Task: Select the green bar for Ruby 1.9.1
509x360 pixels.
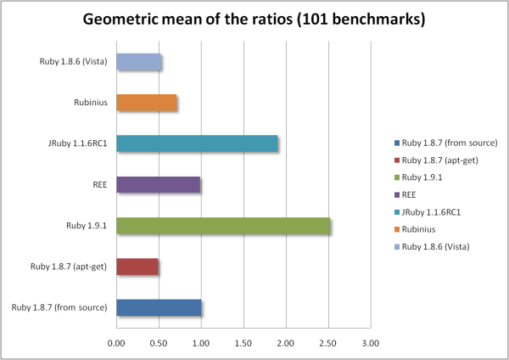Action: (x=223, y=226)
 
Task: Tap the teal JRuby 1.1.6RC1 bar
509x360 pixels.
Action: (x=197, y=143)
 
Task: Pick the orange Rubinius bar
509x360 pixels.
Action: (x=146, y=103)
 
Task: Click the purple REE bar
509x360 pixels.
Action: (x=158, y=184)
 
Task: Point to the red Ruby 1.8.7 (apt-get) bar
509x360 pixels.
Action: (x=137, y=267)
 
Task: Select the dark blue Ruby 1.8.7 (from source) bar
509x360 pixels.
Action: (x=159, y=307)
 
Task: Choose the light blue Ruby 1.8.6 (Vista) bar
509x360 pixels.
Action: (x=138, y=62)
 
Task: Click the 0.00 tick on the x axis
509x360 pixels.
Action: (x=116, y=344)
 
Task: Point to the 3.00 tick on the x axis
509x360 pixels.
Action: (x=370, y=344)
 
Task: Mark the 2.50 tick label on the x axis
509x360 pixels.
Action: (x=327, y=344)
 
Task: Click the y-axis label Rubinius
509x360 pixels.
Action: (x=89, y=103)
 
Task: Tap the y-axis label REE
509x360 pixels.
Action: (x=98, y=184)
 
